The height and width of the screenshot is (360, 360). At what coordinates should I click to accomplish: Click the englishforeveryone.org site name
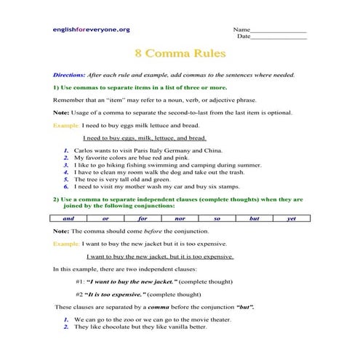(x=91, y=29)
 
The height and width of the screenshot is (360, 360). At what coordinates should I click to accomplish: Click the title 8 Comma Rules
(x=180, y=53)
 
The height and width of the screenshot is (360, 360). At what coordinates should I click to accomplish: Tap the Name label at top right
(x=241, y=28)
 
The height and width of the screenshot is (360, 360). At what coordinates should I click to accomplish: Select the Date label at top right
(x=244, y=36)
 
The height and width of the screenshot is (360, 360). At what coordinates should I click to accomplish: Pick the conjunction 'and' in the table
(x=68, y=217)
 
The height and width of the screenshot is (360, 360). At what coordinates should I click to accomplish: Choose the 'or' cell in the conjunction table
(x=106, y=217)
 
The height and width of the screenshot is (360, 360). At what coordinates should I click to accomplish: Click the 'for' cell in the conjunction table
(x=143, y=217)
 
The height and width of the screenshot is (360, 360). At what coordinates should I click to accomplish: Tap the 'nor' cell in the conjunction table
(x=180, y=217)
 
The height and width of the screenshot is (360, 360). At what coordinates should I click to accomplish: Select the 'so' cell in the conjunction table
(x=217, y=217)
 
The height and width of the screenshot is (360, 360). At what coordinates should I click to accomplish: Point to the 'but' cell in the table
(x=254, y=217)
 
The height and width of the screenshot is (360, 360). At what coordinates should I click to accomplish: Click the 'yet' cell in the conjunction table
(x=291, y=217)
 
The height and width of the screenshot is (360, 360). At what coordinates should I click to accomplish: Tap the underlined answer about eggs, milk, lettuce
(x=145, y=137)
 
